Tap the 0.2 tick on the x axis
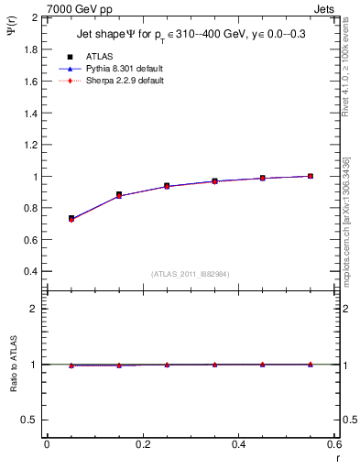pos(142,444)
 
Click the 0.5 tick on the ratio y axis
pos(31,420)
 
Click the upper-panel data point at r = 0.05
pos(71,219)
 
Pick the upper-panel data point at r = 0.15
pos(118,195)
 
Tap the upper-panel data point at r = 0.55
pos(310,176)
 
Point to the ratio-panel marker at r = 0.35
pos(214,365)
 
